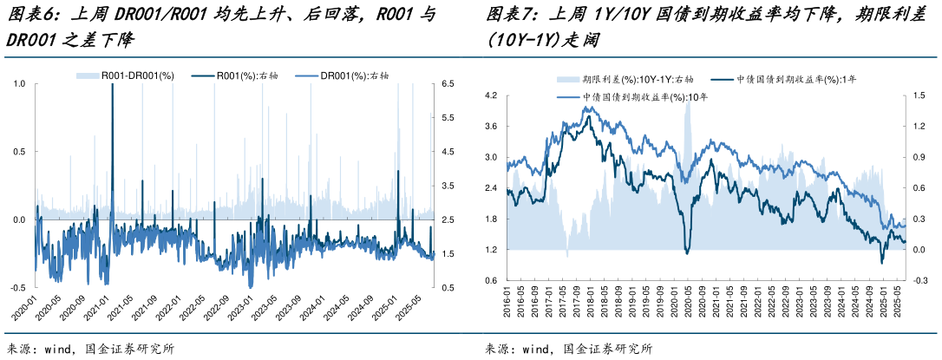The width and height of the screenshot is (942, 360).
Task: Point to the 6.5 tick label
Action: pos(448,84)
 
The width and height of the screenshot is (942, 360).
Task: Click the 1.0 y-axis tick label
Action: pos(19,84)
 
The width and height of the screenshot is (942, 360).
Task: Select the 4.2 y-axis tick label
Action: pos(491,95)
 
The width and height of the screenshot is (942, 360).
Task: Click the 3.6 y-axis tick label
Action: pos(491,127)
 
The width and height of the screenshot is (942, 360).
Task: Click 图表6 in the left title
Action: pos(28,15)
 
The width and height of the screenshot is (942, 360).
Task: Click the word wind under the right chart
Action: pos(534,349)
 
